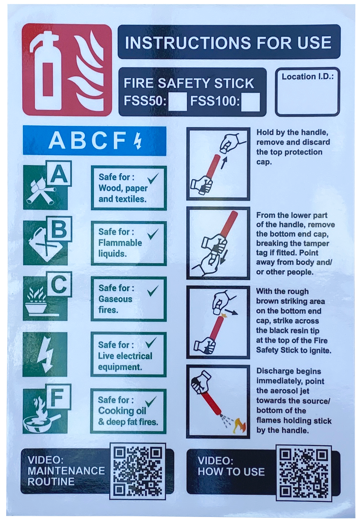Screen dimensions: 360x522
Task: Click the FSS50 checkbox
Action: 177,102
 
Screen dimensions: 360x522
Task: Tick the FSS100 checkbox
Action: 251,102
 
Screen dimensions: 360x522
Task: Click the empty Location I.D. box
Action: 307,92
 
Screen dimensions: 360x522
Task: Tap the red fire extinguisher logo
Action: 67,70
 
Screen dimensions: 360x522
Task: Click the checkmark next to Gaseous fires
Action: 153,291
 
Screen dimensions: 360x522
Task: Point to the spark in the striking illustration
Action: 225,315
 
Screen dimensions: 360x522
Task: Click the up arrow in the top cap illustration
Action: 223,162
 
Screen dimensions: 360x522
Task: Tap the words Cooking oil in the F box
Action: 122,411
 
